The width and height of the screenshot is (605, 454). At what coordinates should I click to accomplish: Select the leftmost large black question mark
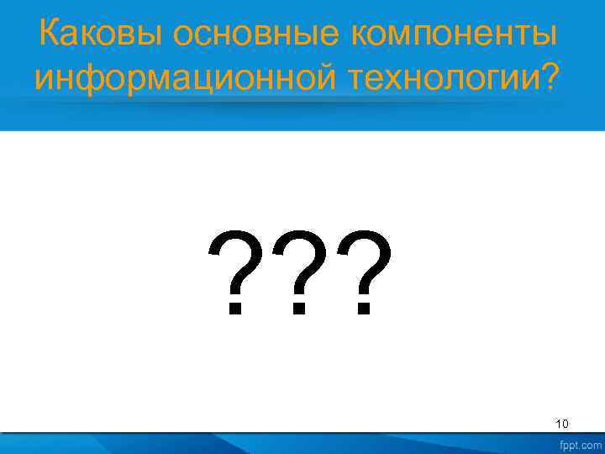click(238, 271)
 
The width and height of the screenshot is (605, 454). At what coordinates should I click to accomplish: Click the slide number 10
click(562, 424)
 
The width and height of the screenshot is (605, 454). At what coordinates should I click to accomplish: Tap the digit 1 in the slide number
click(559, 424)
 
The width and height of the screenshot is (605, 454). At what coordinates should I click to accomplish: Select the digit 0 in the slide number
click(566, 424)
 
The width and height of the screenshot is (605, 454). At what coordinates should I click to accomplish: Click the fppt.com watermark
click(579, 443)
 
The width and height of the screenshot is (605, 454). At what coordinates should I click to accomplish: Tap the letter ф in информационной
click(82, 78)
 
